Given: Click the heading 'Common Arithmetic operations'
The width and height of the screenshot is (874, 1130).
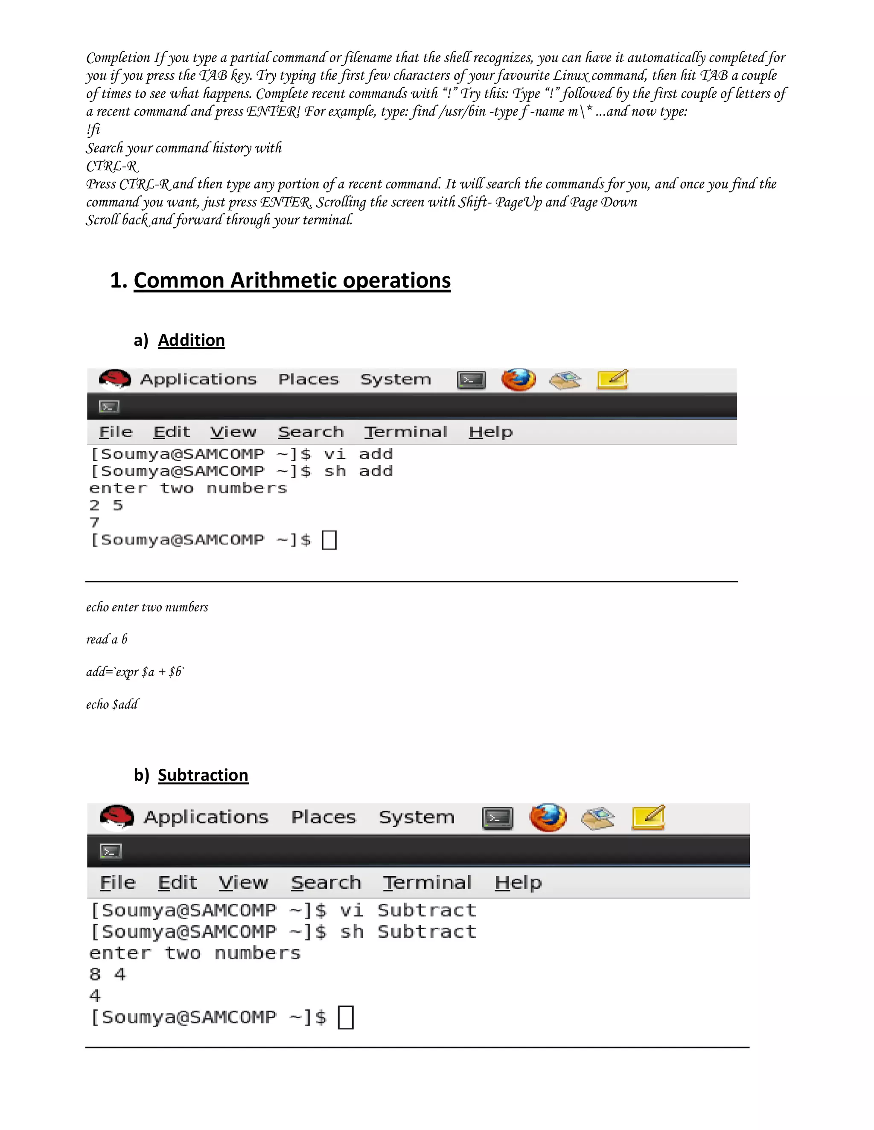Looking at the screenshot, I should coord(291,281).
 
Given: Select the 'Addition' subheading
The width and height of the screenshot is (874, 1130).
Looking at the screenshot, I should coord(191,340).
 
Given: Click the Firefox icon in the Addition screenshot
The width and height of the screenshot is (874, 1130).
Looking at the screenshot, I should coord(518,380).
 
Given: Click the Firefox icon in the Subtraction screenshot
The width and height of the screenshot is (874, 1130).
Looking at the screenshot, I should coord(548,817).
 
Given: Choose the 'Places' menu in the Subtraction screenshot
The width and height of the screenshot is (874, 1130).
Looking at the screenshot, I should coord(323,817).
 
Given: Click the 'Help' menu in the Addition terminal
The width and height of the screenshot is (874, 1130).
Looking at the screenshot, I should coord(490,432).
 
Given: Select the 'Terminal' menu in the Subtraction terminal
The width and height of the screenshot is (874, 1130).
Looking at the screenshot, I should coord(427,882).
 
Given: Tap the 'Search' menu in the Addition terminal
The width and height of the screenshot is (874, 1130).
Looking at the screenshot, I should coord(311,432).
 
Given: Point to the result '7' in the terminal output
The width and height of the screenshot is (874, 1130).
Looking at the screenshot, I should coord(94,523).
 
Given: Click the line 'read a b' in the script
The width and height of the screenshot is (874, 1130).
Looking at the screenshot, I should coord(107,640).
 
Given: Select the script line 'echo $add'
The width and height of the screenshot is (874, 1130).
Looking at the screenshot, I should coord(112,704).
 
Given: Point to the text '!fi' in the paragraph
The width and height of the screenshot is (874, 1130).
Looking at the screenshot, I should coord(93,129).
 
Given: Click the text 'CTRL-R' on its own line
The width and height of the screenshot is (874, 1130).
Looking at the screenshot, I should coord(112,166).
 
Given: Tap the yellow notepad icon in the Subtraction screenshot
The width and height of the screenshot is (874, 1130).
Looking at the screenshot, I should coord(648,817).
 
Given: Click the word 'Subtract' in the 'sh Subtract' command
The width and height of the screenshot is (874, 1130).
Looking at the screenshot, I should coord(427,932).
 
